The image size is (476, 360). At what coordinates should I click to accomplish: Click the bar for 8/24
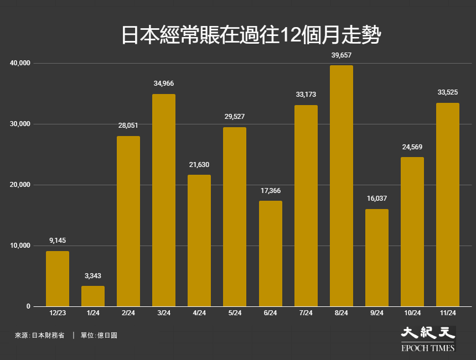pos(341,186)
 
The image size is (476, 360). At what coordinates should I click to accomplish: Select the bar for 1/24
pos(93,296)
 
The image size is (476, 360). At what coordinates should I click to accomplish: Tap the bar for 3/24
pos(164,200)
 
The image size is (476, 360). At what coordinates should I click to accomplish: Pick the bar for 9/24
pos(376,258)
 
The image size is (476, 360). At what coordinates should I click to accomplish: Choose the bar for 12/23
pos(58,279)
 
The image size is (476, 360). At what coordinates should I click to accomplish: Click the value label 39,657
pos(341,55)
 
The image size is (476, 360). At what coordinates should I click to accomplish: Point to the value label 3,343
pos(93,275)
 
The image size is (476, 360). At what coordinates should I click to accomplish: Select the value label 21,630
pos(199,165)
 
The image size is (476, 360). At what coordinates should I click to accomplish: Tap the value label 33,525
pos(447,92)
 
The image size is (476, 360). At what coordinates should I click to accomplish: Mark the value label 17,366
pos(270,190)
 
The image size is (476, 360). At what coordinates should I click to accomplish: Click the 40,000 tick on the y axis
pos(20,64)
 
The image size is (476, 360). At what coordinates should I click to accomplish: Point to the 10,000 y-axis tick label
pos(20,246)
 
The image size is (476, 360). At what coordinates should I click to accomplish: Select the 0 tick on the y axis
pos(28,306)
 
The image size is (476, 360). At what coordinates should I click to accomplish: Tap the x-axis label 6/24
pos(270,314)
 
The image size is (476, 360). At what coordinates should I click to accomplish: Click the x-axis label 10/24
pos(412,314)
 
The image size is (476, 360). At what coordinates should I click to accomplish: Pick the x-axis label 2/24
pos(128,314)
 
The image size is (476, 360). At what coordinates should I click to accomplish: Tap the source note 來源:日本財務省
pos(39,335)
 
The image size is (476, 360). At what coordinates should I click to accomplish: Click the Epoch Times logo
pos(428,339)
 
